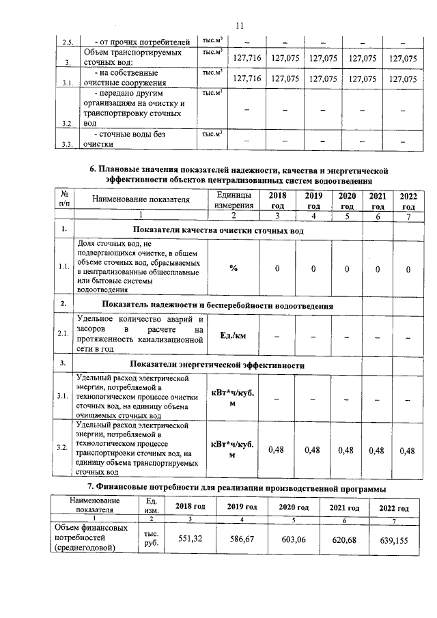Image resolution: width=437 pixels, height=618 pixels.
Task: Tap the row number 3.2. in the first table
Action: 67,124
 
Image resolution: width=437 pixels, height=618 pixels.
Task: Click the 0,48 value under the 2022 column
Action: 407,450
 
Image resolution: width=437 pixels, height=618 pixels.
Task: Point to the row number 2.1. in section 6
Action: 63,334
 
